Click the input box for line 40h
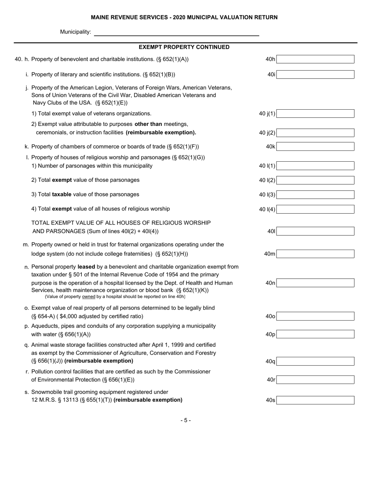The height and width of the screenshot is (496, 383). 316,59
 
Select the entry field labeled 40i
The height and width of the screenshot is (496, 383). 316,75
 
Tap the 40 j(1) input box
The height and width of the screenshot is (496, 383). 316,114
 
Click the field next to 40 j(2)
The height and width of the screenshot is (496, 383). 316,133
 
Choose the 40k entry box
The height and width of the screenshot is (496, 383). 316,147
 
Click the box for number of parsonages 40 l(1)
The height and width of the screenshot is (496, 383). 316,166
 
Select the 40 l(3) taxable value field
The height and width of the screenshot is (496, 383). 316,195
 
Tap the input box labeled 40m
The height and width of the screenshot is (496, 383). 316,254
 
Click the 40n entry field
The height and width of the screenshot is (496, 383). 316,283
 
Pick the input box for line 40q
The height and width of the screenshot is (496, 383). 316,361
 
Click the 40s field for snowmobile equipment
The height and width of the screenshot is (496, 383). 316,400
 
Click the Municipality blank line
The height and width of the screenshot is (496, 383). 176,32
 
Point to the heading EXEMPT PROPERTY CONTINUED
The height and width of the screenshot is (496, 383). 184,47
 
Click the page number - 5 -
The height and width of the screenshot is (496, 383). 186,420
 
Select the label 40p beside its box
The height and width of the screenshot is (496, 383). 270,334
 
